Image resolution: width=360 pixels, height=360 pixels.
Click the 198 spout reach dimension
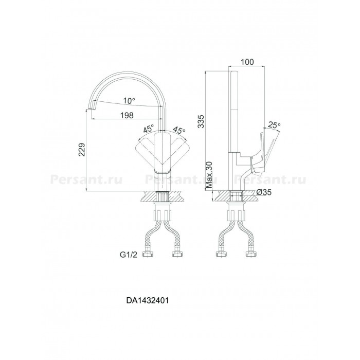click(127, 115)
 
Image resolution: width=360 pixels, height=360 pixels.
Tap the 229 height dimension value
click(82, 150)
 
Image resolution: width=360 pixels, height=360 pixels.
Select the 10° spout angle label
click(129, 101)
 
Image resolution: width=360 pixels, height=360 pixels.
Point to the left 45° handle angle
click(148, 129)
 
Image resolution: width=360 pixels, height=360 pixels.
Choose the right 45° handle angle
click(179, 130)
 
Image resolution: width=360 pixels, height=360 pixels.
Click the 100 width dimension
click(247, 62)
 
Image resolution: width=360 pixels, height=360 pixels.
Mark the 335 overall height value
click(201, 121)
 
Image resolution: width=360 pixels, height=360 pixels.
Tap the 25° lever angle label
click(274, 125)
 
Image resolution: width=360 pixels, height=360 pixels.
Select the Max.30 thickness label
click(209, 175)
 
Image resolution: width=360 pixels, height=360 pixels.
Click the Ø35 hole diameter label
click(263, 192)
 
